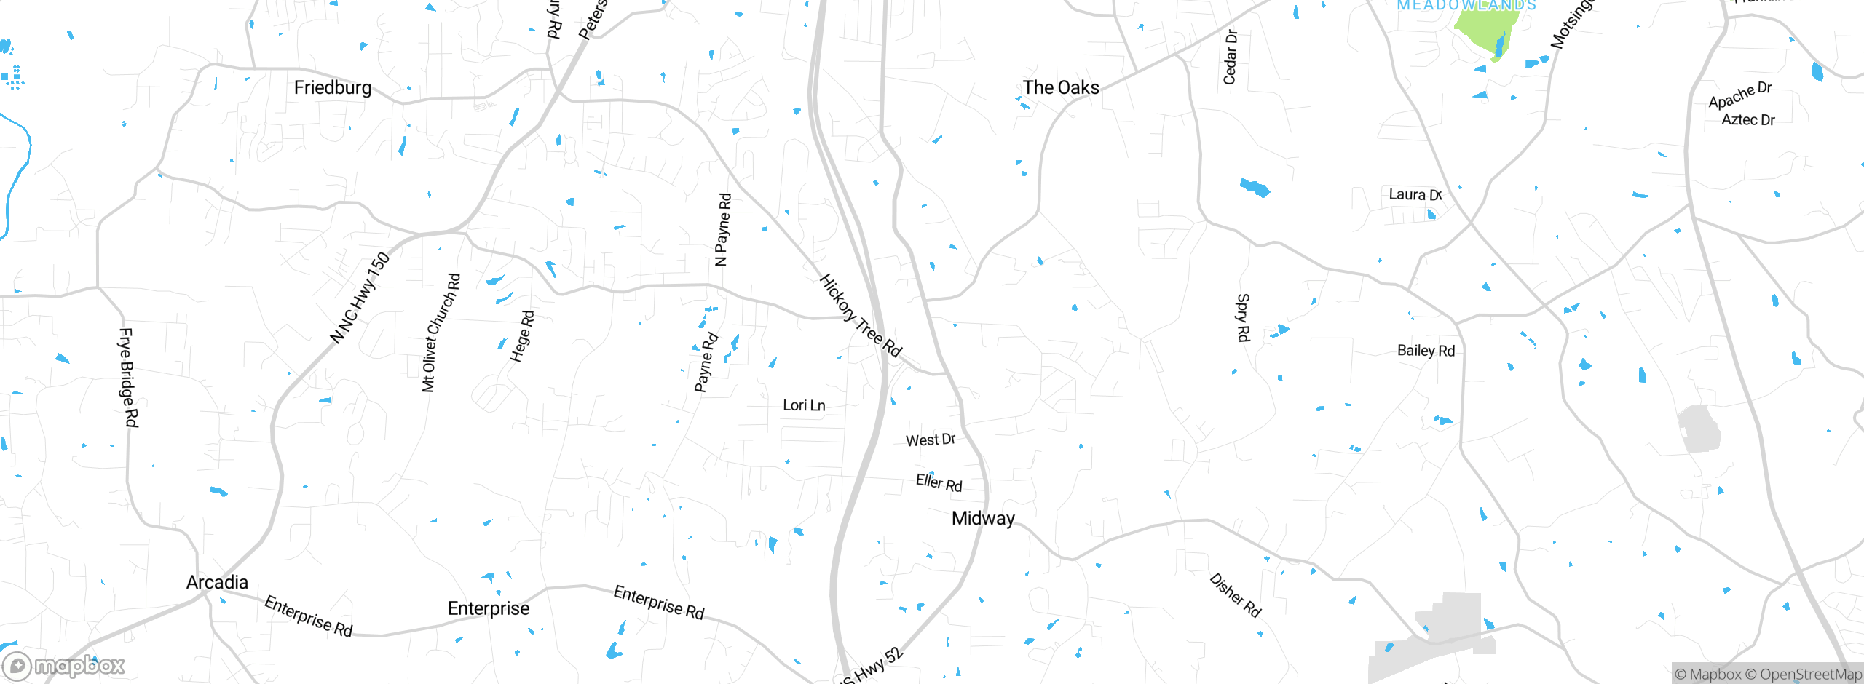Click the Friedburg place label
coord(333,88)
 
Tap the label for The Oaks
coord(1061,88)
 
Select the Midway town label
coord(983,519)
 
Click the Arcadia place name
coord(217,583)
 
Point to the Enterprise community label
coord(489,609)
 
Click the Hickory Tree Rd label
coord(861,316)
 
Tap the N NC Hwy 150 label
coord(360,298)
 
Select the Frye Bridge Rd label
coord(128,378)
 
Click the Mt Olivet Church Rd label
coord(441,333)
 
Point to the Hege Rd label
coord(522,336)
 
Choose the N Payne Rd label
coord(722,229)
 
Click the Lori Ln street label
coord(804,405)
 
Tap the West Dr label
coord(930,440)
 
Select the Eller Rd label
coord(939,482)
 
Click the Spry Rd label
coord(1243,318)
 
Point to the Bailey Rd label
coord(1426,351)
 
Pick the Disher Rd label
coord(1235,595)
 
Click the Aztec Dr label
coord(1747,120)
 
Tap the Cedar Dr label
coord(1230,57)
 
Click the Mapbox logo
coord(64,666)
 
